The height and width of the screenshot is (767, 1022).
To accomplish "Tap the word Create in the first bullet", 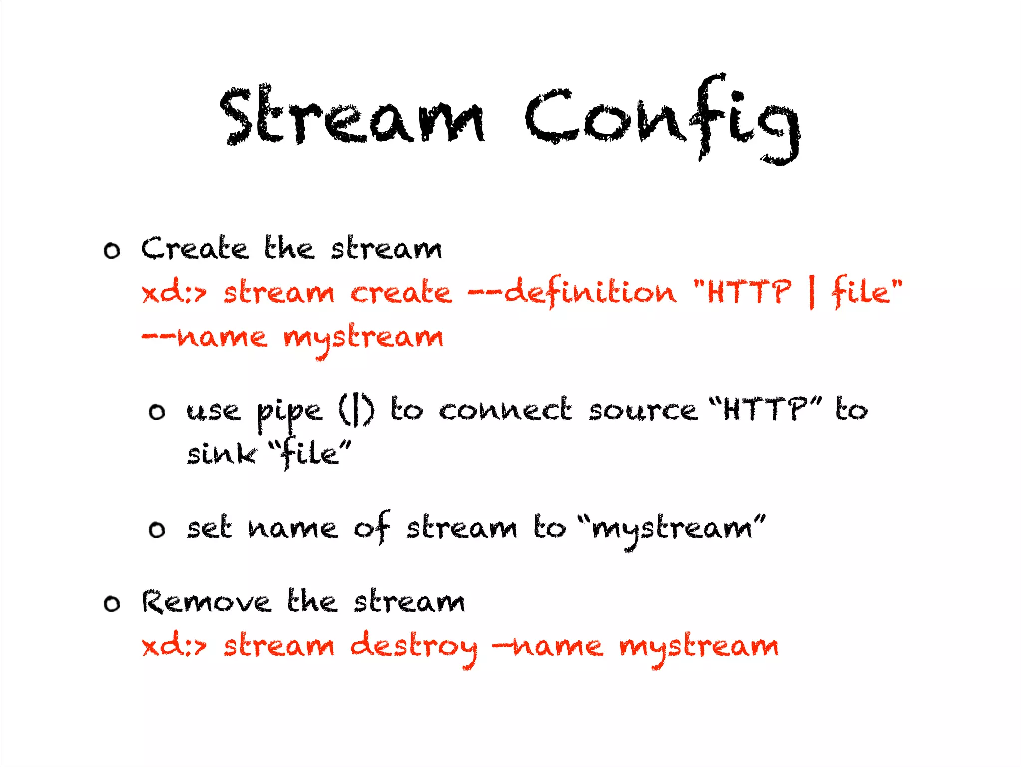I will (194, 248).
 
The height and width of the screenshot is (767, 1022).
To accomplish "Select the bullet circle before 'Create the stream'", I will (112, 250).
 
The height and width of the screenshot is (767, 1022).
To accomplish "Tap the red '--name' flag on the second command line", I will (205, 337).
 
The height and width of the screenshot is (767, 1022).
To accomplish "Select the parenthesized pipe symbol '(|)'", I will (356, 410).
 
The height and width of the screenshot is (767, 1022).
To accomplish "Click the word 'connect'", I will (505, 410).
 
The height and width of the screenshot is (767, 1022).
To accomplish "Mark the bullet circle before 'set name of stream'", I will (157, 529).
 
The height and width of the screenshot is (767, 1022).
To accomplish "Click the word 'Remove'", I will (206, 602).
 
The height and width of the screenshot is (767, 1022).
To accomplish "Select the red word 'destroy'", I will (413, 647).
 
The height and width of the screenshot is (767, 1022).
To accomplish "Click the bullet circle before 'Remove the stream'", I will (112, 604).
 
